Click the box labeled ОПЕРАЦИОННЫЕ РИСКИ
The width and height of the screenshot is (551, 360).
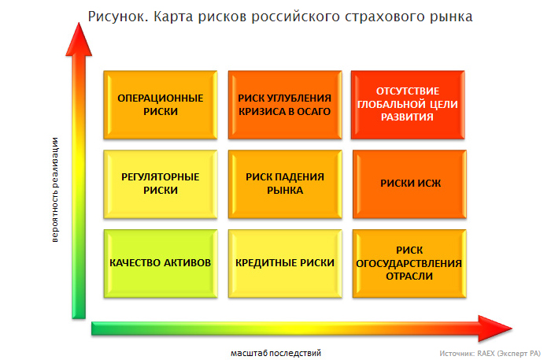(161, 105)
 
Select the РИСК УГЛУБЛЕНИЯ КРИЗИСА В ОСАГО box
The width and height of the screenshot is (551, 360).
(285, 105)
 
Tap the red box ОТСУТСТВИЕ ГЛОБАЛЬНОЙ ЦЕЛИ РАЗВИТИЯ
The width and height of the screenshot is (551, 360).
(408, 105)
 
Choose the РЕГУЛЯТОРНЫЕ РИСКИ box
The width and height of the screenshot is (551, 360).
(161, 184)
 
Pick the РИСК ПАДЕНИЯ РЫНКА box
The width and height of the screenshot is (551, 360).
(285, 184)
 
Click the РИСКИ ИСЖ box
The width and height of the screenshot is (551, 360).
(410, 184)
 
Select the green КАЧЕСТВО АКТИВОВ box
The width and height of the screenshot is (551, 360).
(161, 264)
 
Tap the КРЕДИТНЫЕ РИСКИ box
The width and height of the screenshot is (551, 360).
(285, 264)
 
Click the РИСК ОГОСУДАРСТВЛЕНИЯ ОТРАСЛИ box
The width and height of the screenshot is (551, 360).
(410, 264)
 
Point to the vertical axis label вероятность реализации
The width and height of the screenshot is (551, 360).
(55, 190)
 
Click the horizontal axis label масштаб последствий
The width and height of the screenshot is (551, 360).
(275, 353)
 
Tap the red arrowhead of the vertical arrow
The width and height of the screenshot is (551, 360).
(79, 39)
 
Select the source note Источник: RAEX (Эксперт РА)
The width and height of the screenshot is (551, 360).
(490, 354)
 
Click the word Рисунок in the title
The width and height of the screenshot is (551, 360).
(118, 17)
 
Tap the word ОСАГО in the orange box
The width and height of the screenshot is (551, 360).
(314, 111)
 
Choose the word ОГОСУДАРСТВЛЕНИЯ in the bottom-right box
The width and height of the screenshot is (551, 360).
(409, 263)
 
